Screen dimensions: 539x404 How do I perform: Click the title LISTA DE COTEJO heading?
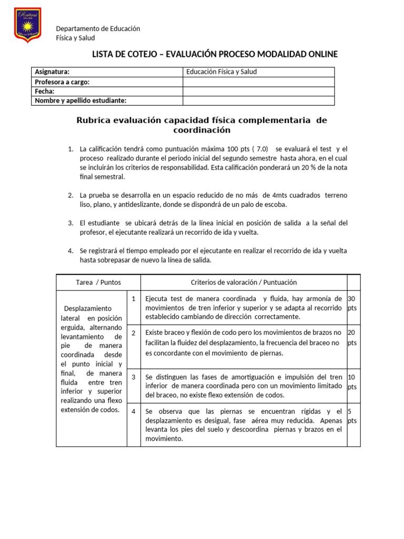[x=215, y=54]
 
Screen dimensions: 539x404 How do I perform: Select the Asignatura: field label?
[x=52, y=72]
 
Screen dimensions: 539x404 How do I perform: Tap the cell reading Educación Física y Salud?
[x=221, y=72]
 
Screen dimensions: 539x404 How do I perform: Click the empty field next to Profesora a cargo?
[x=258, y=82]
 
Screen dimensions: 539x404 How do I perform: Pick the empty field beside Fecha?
[x=258, y=91]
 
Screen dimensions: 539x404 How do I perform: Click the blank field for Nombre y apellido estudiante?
[x=258, y=101]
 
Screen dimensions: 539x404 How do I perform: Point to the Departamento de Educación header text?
[x=98, y=28]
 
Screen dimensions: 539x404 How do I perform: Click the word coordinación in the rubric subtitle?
[x=202, y=130]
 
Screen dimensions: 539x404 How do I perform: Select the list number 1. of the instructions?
[x=70, y=149]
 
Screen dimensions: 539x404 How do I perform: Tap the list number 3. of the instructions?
[x=70, y=223]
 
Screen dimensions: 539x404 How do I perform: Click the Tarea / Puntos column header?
[x=98, y=282]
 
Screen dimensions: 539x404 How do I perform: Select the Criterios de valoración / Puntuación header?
[x=244, y=282]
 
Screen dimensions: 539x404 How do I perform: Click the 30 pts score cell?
[x=353, y=303]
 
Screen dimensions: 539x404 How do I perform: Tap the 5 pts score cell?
[x=352, y=416]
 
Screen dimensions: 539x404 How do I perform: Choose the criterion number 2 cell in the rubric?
[x=134, y=333]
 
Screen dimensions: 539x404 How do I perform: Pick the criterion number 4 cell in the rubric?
[x=134, y=411]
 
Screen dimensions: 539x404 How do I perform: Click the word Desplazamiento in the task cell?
[x=88, y=308]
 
